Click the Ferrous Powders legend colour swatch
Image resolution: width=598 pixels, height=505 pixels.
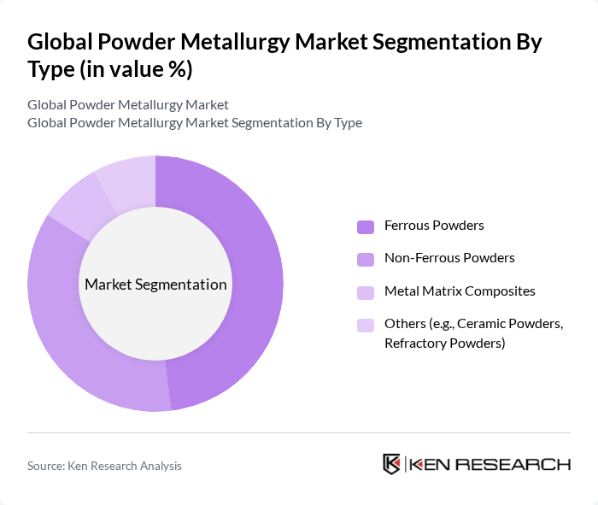tap(366, 226)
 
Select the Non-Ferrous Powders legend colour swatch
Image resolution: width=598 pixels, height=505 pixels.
tap(366, 258)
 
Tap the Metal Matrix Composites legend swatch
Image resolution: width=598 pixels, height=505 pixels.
tap(366, 291)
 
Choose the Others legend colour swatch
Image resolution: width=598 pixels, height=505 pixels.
tap(366, 325)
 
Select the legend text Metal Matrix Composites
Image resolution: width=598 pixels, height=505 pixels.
tap(460, 291)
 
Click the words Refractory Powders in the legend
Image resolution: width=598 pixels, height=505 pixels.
tap(444, 344)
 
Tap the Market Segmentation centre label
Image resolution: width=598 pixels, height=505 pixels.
tap(155, 285)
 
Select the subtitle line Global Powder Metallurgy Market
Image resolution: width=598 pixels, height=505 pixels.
tap(128, 105)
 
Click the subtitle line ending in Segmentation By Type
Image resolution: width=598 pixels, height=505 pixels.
tap(195, 123)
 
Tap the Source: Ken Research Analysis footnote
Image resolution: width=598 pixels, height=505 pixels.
tap(104, 466)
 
